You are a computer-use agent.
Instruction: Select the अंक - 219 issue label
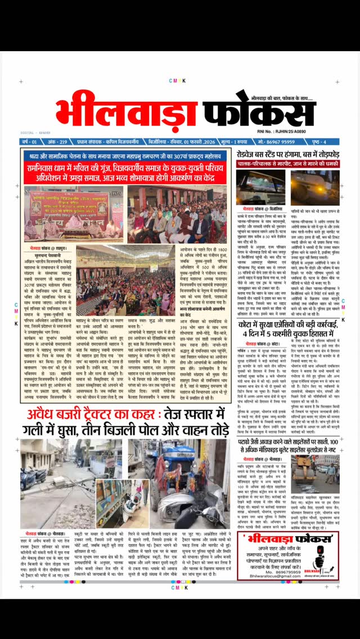point(56,142)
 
